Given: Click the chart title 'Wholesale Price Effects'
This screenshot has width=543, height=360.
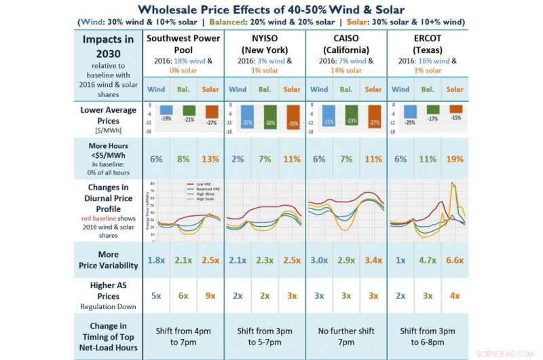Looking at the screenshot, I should (271, 9).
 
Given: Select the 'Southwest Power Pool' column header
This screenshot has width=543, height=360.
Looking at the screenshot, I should (183, 43).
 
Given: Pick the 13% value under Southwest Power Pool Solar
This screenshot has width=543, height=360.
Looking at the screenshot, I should (210, 159).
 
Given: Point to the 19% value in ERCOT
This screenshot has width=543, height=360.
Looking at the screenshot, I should (455, 159).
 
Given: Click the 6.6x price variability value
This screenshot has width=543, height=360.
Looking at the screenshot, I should (455, 261).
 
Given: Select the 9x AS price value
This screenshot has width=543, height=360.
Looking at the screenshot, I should (210, 297).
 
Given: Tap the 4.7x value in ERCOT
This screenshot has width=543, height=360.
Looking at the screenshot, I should (428, 261).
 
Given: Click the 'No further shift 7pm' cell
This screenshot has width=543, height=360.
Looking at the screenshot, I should (346, 336).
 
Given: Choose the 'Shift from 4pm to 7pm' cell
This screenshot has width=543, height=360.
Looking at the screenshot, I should (183, 336).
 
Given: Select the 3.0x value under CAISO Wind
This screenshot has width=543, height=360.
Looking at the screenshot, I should (319, 261).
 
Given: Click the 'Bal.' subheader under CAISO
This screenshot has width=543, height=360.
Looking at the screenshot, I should (346, 89).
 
